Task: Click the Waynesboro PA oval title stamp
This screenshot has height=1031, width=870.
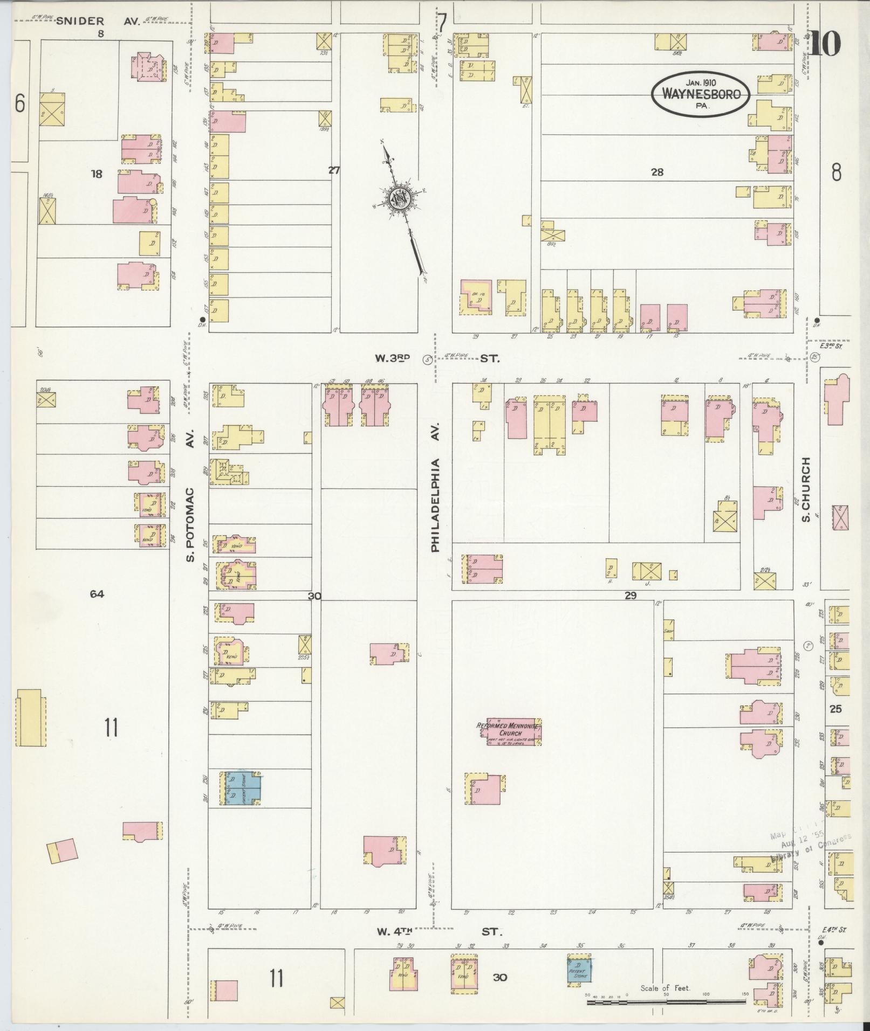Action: tap(700, 94)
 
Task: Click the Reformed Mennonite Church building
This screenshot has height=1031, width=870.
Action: tap(515, 732)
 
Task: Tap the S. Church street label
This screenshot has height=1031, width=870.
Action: tap(806, 493)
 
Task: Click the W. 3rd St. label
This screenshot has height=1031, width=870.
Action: tap(438, 358)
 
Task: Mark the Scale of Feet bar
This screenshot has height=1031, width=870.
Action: tap(667, 1002)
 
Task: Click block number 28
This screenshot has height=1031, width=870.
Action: tap(656, 172)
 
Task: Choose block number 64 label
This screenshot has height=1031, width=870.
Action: tap(97, 594)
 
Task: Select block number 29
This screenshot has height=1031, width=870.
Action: tap(631, 596)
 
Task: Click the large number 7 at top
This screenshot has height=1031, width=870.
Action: tap(442, 23)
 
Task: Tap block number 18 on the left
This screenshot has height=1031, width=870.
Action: tap(97, 174)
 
